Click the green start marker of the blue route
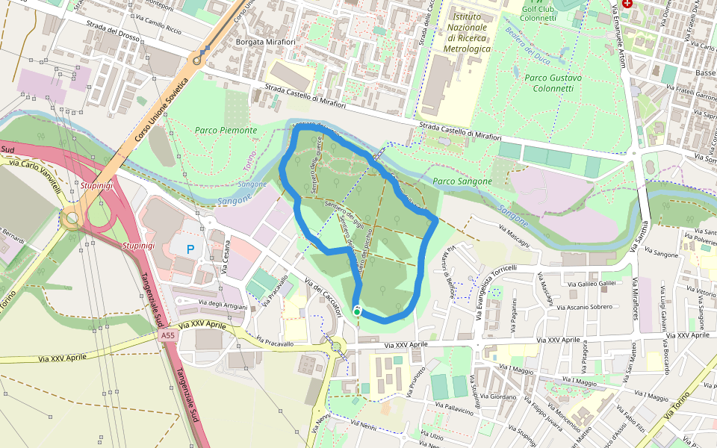click(x=358, y=311)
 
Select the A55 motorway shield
click(x=169, y=337)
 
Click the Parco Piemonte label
click(x=226, y=130)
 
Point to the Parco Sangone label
click(x=462, y=181)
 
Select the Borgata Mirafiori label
click(x=266, y=43)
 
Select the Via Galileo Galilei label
click(x=591, y=284)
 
